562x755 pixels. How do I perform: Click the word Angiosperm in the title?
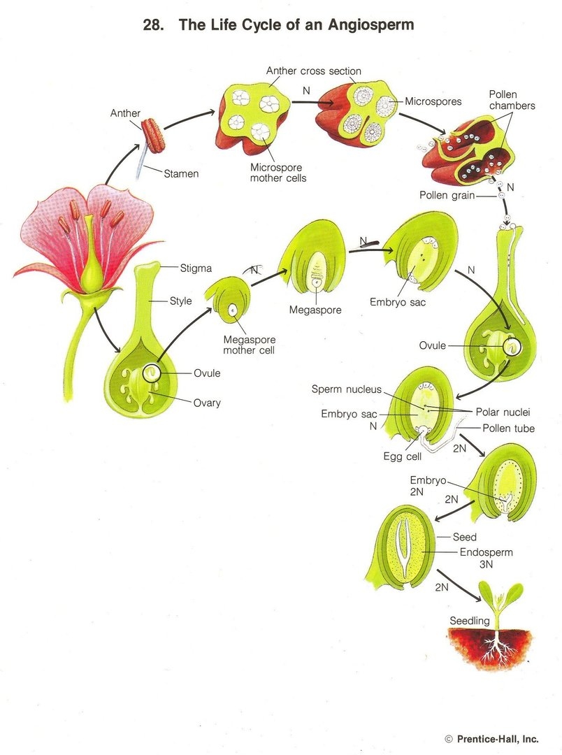[369, 25]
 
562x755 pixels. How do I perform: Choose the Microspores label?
[433, 101]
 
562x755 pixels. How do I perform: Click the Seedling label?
[470, 621]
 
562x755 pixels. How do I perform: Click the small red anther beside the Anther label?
[153, 135]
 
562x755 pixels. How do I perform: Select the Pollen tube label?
[508, 428]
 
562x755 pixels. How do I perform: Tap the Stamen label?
[181, 173]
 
